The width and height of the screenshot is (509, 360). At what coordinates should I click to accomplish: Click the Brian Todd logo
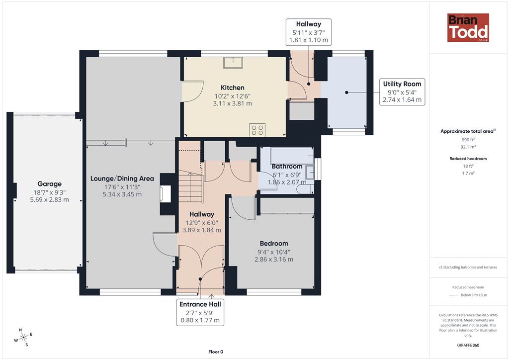click(x=468, y=27)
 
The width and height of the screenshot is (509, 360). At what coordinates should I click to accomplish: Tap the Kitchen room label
click(x=233, y=88)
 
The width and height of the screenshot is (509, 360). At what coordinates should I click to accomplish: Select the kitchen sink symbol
click(x=233, y=63)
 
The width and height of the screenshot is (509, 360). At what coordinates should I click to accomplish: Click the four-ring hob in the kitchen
click(x=257, y=130)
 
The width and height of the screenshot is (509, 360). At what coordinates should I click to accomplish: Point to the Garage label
click(x=49, y=184)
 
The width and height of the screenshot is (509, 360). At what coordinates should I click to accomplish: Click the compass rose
click(x=23, y=338)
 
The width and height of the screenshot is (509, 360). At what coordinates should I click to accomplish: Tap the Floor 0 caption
click(x=216, y=352)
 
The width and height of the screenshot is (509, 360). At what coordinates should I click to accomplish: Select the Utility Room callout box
click(x=402, y=92)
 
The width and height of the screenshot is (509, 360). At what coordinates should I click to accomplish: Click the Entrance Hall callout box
click(x=200, y=312)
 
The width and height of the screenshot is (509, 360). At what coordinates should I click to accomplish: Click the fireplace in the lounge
click(x=165, y=194)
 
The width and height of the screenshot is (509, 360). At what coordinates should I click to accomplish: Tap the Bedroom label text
click(x=274, y=244)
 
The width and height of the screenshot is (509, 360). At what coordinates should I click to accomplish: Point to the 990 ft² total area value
click(x=468, y=140)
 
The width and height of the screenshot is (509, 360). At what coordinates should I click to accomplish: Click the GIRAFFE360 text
click(x=468, y=345)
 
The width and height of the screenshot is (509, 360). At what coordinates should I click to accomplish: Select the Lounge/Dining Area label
click(x=122, y=179)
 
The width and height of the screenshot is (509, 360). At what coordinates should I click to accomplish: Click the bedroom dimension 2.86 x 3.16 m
click(x=274, y=260)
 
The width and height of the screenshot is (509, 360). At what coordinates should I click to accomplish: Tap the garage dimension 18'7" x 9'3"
click(x=49, y=192)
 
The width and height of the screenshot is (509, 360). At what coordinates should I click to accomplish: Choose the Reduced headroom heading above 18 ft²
click(x=468, y=159)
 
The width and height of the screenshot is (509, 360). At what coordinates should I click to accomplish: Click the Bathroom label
click(x=287, y=167)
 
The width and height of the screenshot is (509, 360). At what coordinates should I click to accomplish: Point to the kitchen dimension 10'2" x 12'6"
click(x=233, y=96)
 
